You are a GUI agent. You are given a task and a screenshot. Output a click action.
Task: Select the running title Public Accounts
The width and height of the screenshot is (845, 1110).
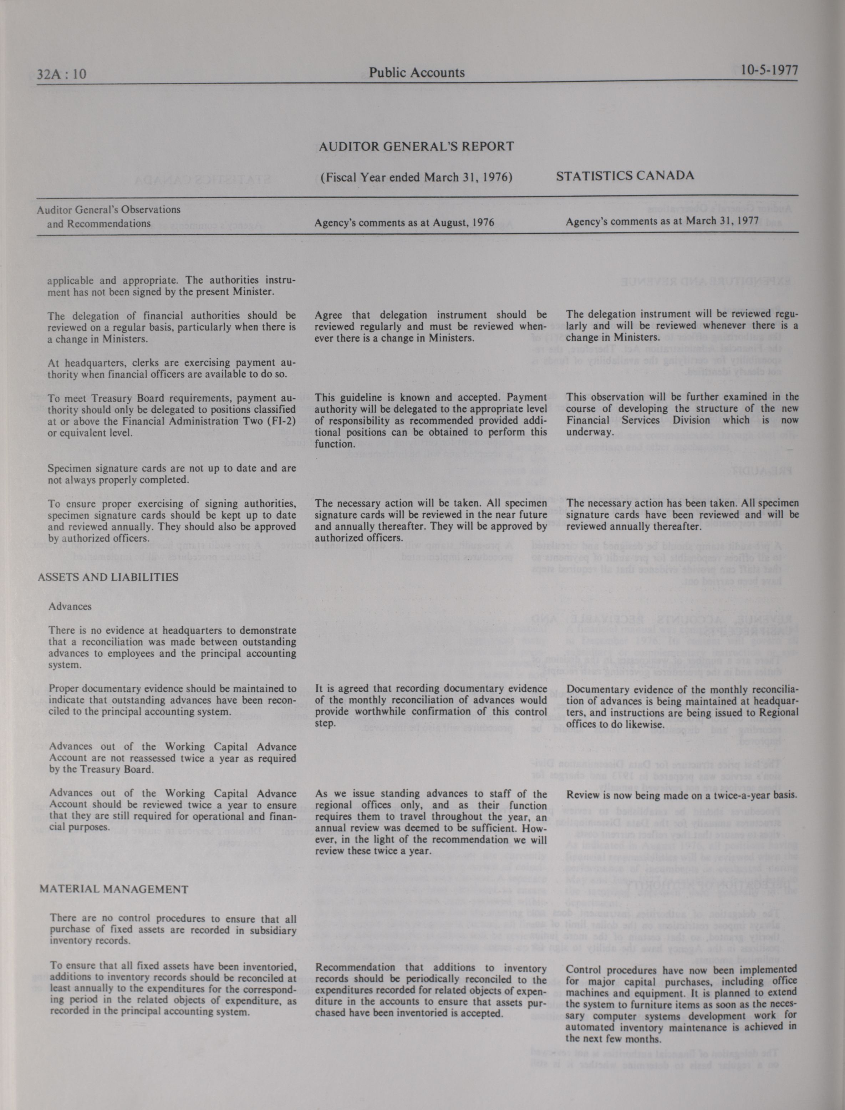417,72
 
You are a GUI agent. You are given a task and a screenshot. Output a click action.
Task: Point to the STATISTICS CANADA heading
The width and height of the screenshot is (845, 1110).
625,175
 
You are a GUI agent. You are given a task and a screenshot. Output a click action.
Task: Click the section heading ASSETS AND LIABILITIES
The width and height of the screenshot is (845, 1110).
108,577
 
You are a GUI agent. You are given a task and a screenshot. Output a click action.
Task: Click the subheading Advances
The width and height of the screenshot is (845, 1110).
70,607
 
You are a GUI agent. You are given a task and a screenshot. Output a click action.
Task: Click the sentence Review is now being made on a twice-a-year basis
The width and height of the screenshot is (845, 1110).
682,795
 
